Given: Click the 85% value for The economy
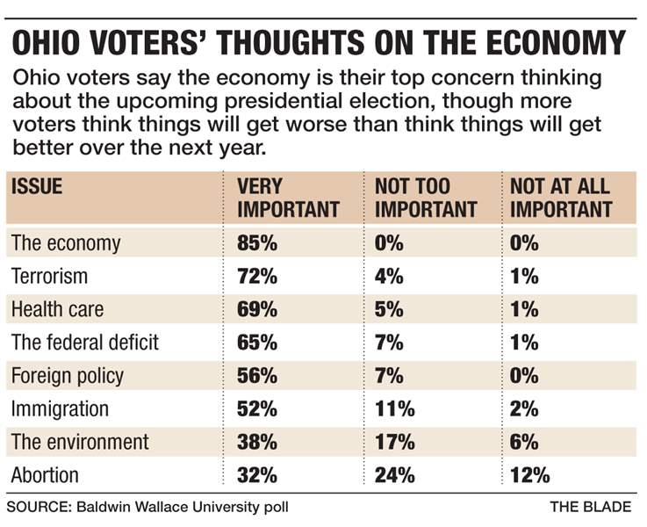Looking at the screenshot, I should pos(256,243).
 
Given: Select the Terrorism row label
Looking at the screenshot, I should pos(49,277).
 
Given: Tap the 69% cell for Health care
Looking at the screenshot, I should pos(256,309).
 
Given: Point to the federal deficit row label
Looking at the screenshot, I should pos(85,343).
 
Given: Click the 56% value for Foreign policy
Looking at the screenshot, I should pos(256,376).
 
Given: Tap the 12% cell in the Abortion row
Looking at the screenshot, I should pos(530,476).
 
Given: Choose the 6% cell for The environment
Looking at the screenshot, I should pos(525,443).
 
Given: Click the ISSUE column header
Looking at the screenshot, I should pos(37,186).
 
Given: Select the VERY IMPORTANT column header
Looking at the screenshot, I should pos(288,198).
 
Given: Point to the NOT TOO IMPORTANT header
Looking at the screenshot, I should pos(425,198).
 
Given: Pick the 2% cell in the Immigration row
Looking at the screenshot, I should pos(525,409).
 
